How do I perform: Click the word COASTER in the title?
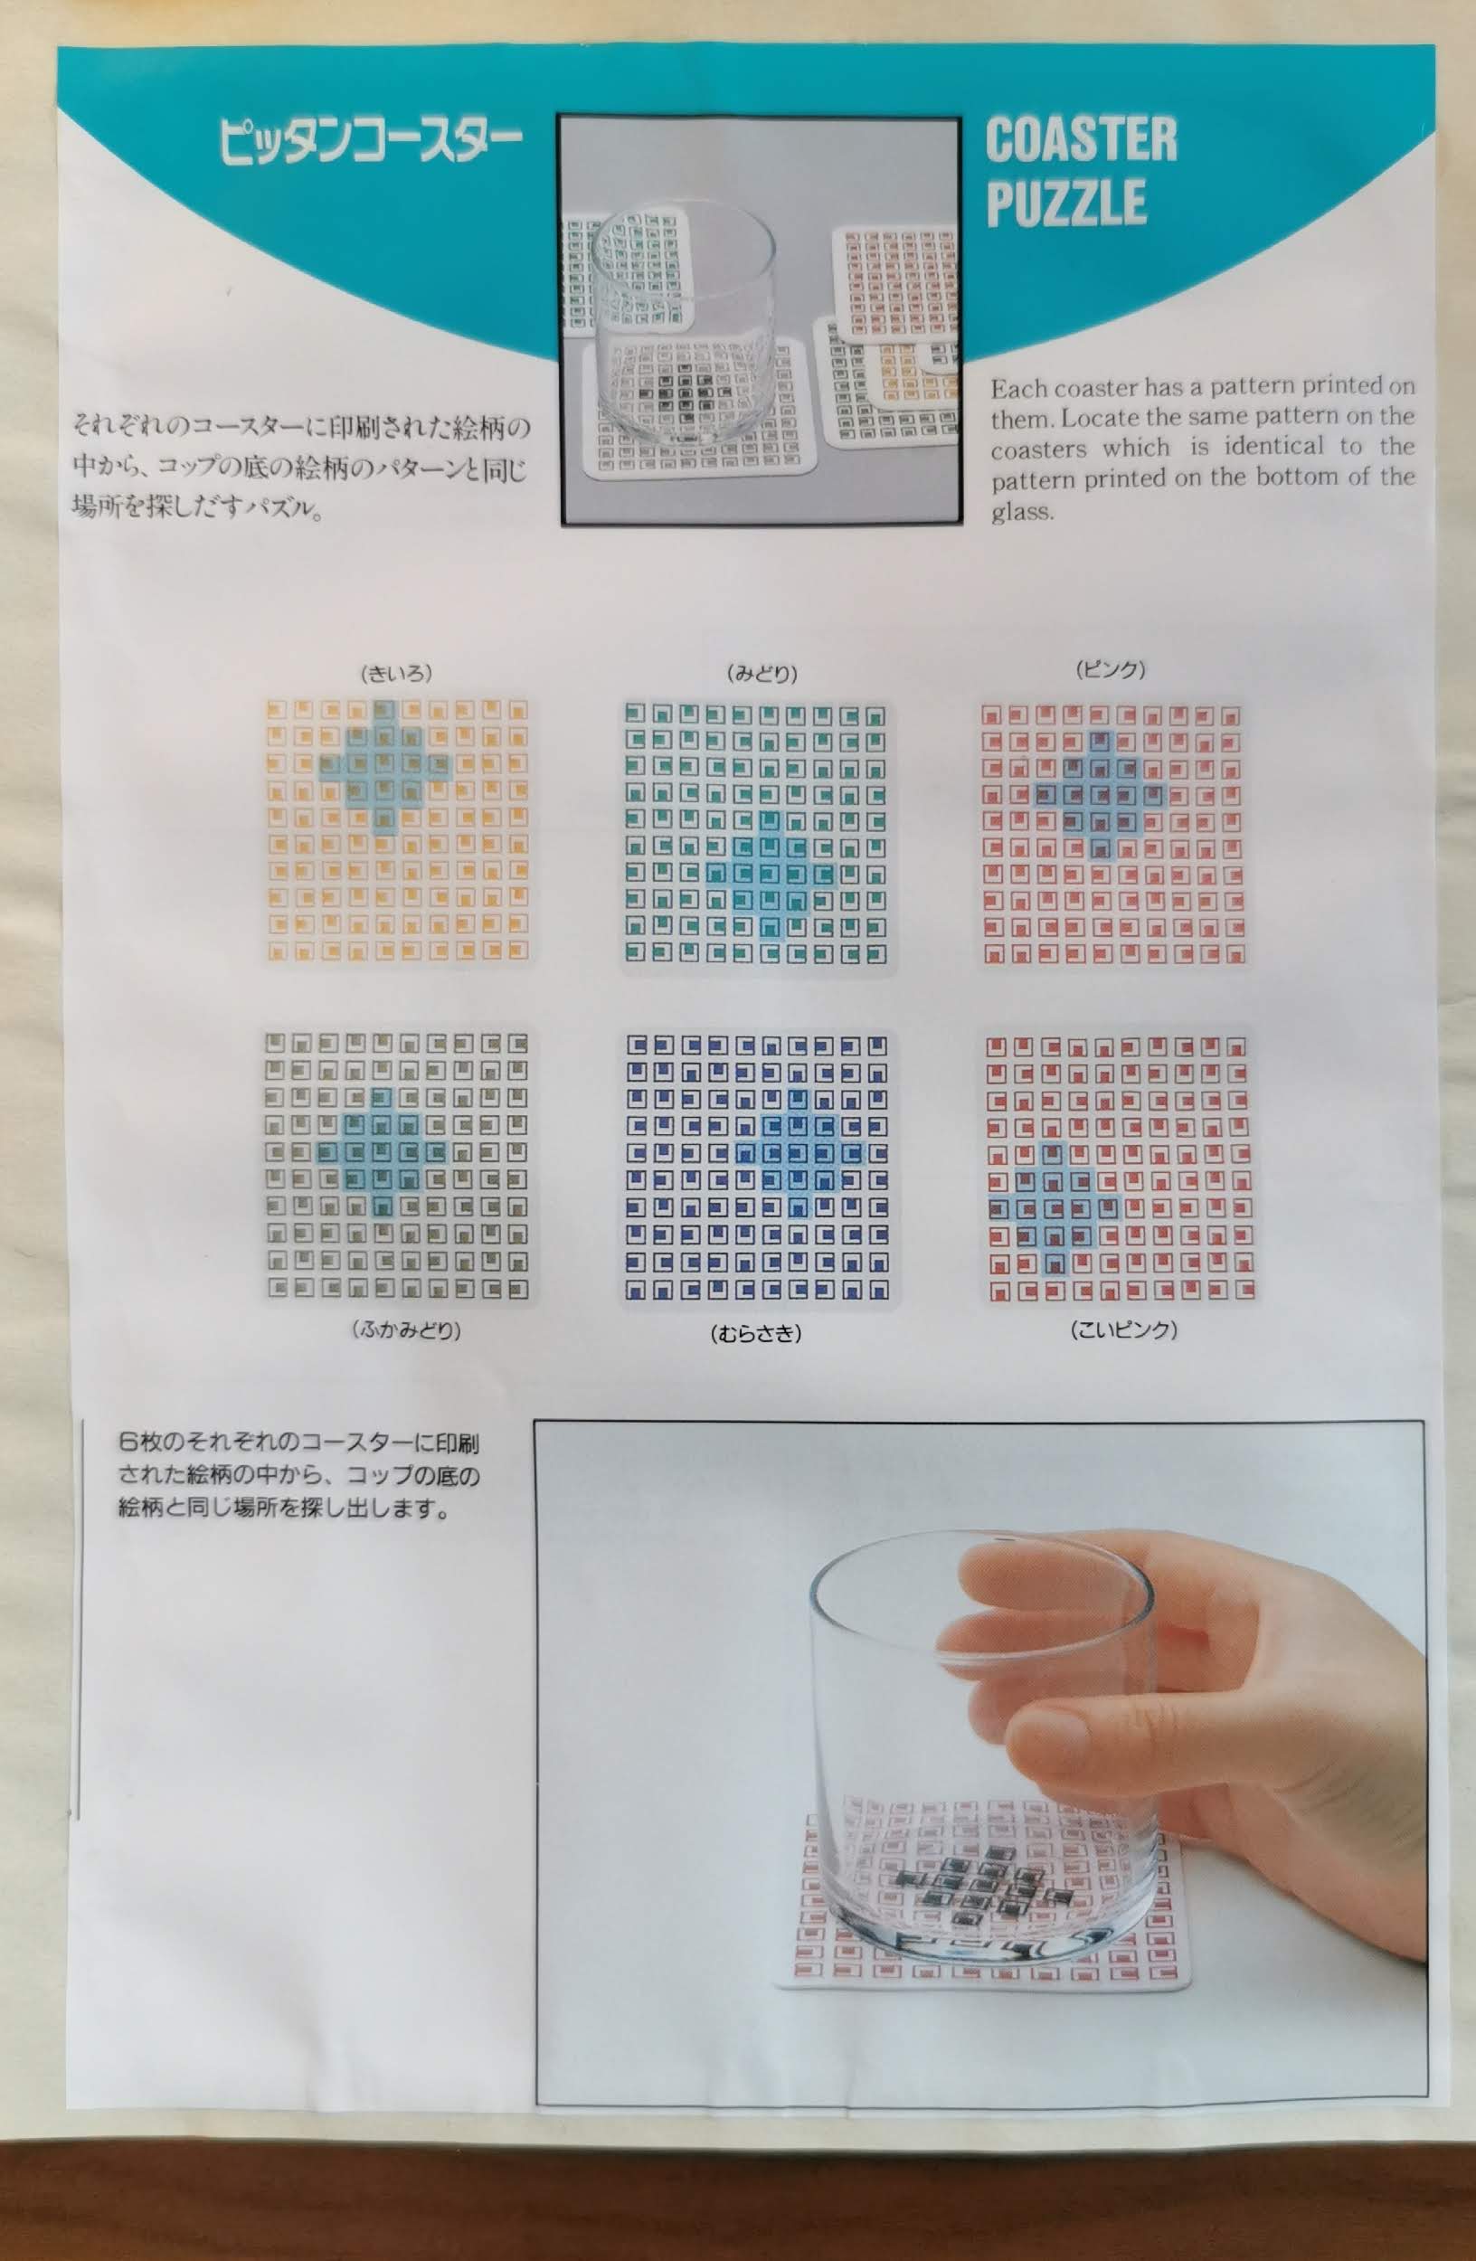[x=1081, y=139]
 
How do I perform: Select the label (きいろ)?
[x=396, y=674]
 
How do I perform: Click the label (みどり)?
[x=762, y=674]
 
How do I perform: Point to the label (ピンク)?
[x=1111, y=670]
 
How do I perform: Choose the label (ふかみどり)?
[x=406, y=1331]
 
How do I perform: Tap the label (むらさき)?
[x=756, y=1334]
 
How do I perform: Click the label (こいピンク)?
[x=1123, y=1330]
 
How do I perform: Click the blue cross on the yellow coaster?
[x=383, y=766]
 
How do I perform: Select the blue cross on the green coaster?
[x=771, y=874]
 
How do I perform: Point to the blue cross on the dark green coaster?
[x=381, y=1151]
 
